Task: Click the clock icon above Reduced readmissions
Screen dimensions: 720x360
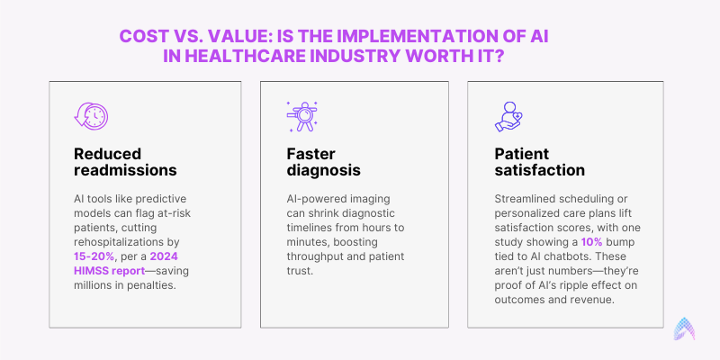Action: click(92, 115)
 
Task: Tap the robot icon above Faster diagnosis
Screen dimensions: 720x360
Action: click(301, 117)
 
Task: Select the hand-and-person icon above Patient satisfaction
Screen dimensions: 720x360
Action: click(508, 117)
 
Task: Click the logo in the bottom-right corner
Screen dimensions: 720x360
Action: click(684, 328)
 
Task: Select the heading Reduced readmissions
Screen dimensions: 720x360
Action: click(125, 161)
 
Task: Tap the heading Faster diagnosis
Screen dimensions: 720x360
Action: click(324, 161)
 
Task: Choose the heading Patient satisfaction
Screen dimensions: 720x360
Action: click(539, 161)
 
